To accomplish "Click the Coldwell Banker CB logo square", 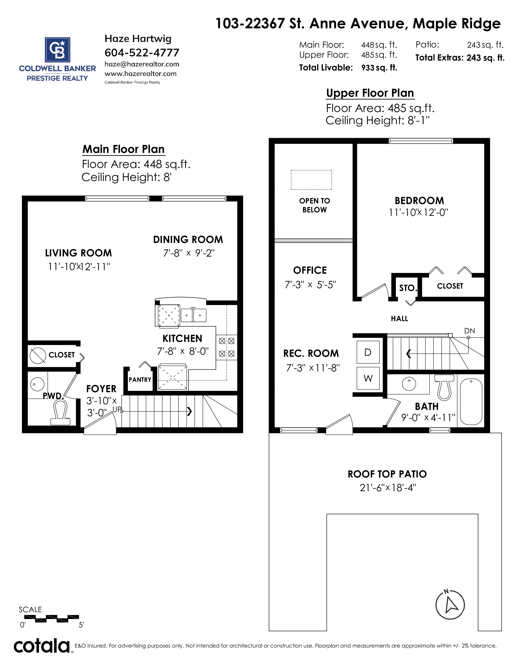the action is [58, 49].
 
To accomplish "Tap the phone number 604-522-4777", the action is [142, 53].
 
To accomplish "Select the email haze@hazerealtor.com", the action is [142, 64].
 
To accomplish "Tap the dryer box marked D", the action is [368, 352].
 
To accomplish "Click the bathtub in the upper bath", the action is [471, 402].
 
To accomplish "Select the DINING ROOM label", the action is [188, 239].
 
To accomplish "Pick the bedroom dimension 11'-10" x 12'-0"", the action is [418, 212].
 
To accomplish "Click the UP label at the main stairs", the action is [117, 409].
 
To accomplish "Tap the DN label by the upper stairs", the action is [469, 331].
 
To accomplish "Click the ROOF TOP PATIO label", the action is [387, 474].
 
